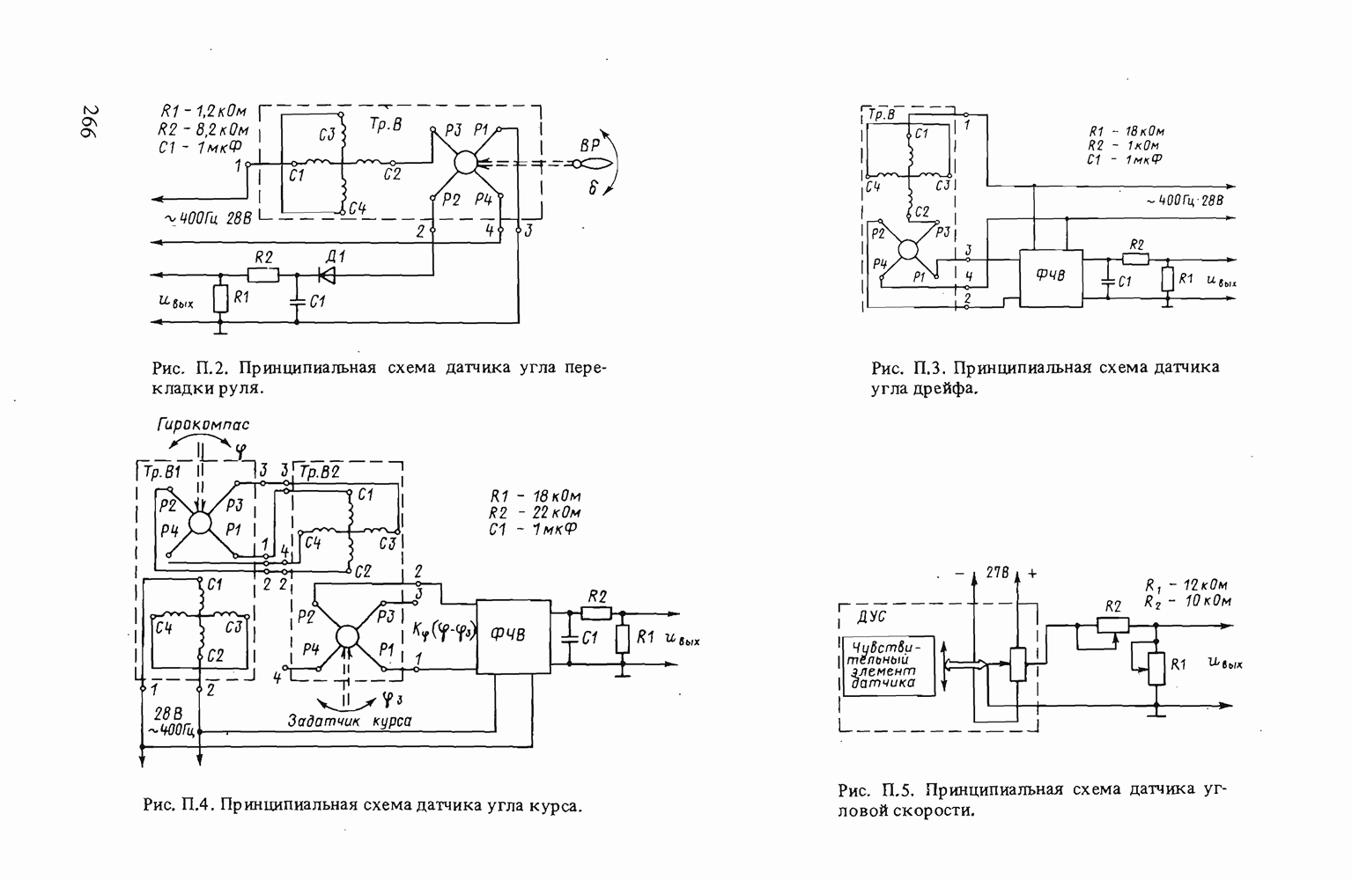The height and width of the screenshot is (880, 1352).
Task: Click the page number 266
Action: click(91, 121)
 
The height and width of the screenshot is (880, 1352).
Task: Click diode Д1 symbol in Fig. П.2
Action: click(327, 275)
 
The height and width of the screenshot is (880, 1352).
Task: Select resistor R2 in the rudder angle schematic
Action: click(263, 275)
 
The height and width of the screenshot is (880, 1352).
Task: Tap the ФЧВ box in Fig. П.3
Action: click(1051, 278)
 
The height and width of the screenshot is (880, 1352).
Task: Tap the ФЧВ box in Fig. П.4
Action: click(513, 636)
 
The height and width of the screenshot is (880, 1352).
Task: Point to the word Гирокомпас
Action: click(203, 425)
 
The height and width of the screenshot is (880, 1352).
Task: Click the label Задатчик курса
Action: click(350, 721)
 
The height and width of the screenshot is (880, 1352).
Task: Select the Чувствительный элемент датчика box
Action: click(888, 666)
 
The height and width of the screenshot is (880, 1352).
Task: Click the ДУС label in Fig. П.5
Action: click(872, 617)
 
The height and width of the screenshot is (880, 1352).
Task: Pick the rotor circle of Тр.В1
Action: click(200, 523)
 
